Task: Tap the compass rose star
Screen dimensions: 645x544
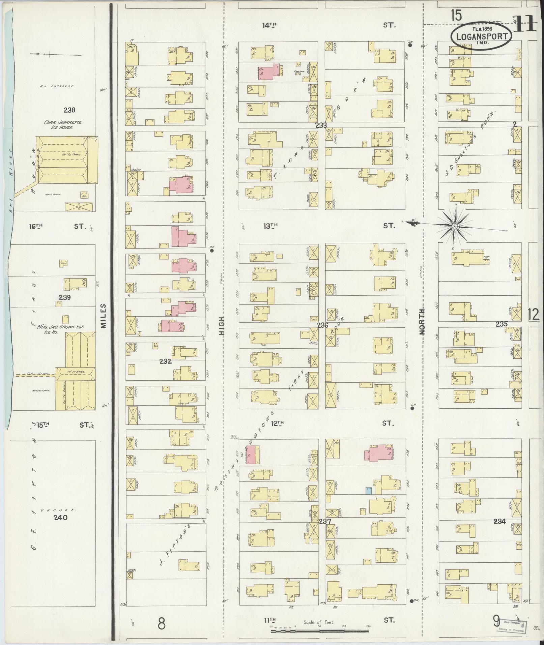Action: coord(454,226)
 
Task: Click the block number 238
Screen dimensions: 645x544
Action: coord(69,110)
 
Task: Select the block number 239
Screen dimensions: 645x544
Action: coord(64,297)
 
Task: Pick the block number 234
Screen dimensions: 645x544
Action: coord(499,521)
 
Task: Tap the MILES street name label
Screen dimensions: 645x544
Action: coord(103,316)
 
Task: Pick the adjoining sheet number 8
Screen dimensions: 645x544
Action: coord(162,623)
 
